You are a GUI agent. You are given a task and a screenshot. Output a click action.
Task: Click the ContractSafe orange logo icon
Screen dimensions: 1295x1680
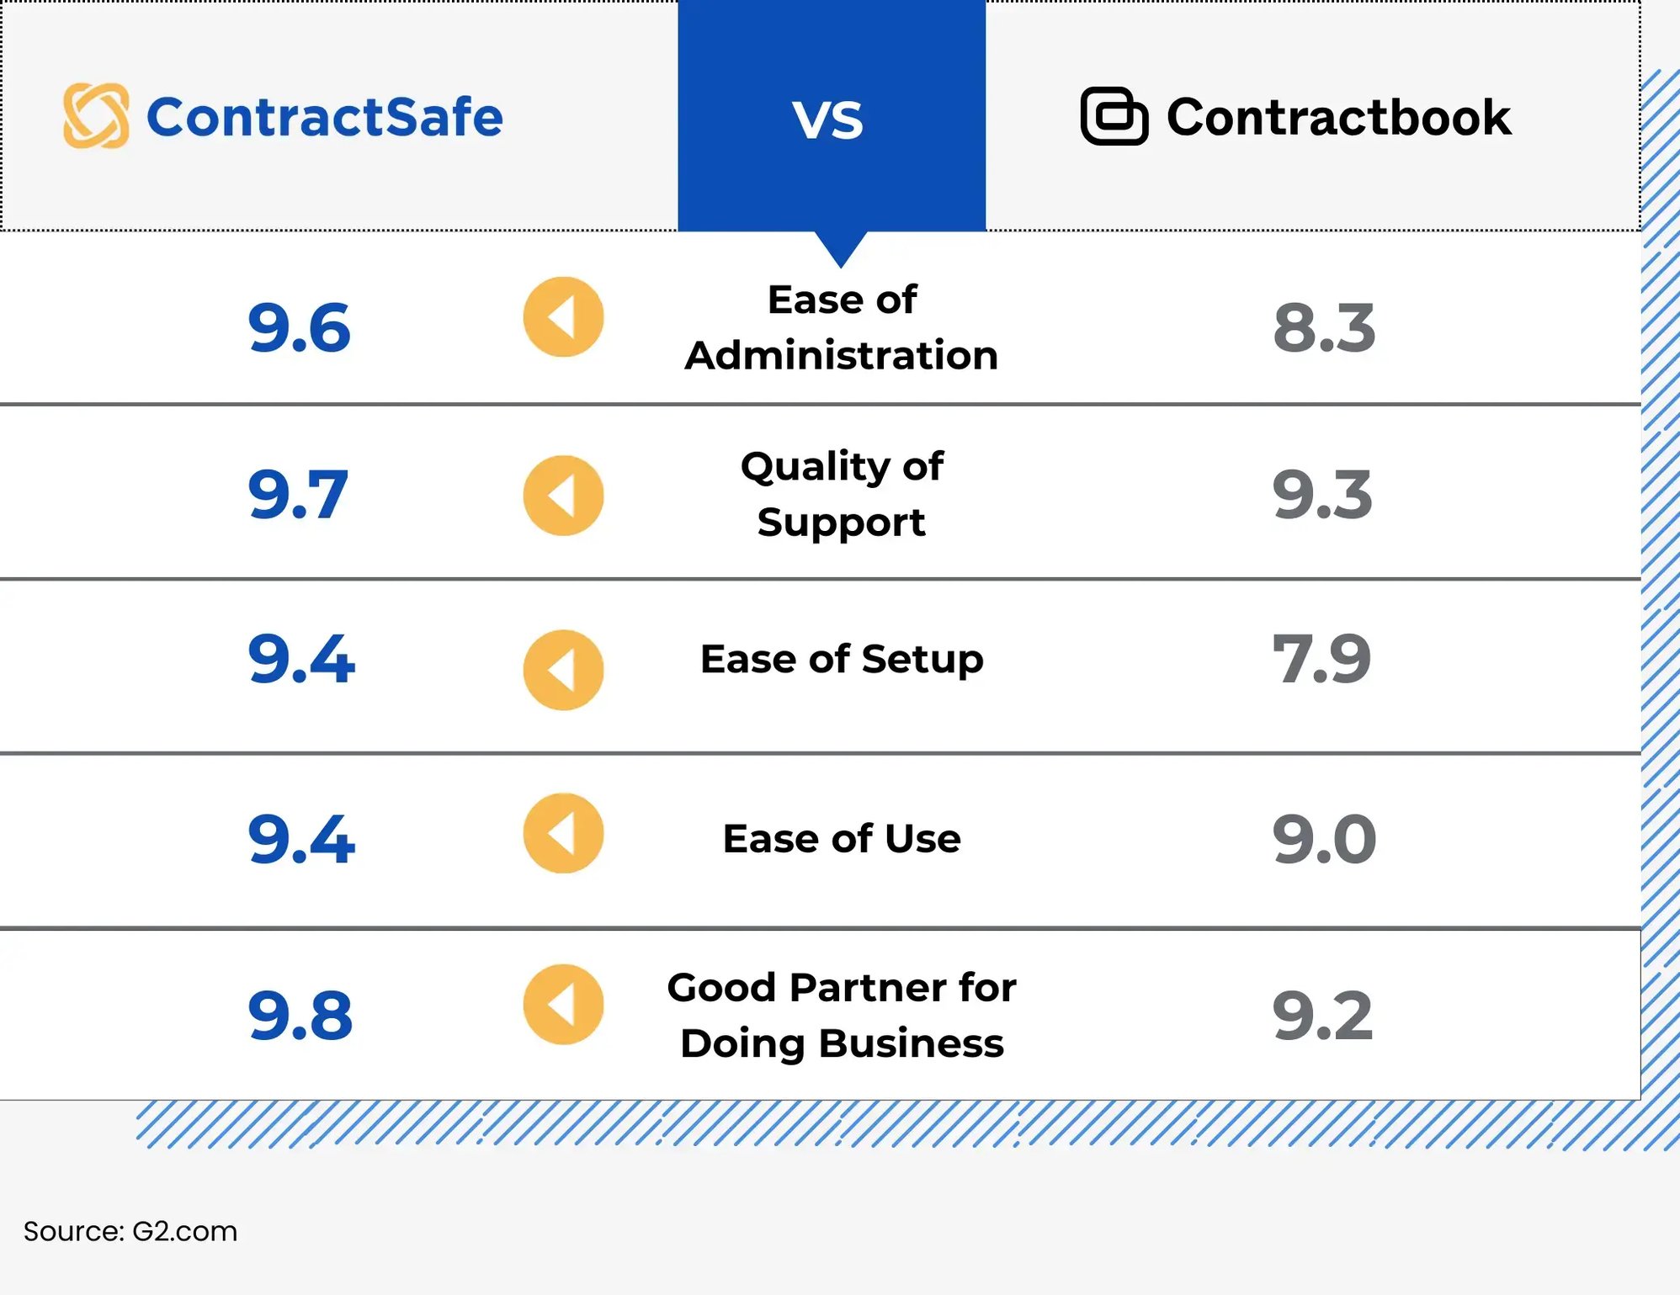96,115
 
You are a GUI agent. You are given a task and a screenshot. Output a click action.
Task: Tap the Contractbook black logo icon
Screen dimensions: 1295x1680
1114,116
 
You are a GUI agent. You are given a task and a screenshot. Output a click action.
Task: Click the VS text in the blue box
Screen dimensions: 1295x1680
827,120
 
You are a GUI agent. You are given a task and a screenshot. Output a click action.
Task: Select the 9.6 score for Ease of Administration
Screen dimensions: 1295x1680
299,327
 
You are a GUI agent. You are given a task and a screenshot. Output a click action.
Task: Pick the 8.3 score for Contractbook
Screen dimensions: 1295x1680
1323,327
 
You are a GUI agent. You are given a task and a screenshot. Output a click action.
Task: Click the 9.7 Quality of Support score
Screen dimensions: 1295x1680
297,494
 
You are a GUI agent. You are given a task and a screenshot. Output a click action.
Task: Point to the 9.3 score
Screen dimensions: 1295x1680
1321,494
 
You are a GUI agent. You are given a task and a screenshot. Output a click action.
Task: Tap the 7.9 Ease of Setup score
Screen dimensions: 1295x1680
1321,658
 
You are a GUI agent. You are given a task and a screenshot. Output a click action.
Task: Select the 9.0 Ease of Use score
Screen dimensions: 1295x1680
1323,839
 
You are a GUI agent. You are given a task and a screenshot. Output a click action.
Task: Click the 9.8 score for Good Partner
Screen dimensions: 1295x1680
300,1016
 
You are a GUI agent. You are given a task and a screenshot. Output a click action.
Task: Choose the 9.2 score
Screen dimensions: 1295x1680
1321,1016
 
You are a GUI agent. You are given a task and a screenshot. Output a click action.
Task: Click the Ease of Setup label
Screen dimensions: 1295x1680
841,659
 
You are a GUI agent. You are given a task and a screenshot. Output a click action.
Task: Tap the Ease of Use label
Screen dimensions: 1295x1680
841,839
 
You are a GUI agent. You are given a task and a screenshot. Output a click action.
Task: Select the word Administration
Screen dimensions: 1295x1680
841,355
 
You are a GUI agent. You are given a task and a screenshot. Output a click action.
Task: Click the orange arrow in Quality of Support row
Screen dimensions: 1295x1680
563,496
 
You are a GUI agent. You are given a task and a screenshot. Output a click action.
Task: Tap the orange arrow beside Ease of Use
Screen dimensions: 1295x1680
563,833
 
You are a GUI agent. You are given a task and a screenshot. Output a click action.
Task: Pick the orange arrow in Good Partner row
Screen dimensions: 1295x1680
563,1004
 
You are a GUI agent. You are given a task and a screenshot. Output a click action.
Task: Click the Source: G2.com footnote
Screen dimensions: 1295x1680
130,1231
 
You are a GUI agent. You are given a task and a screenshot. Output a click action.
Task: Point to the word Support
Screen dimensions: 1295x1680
841,523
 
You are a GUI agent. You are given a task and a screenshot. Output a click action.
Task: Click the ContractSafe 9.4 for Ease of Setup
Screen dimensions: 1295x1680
300,658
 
